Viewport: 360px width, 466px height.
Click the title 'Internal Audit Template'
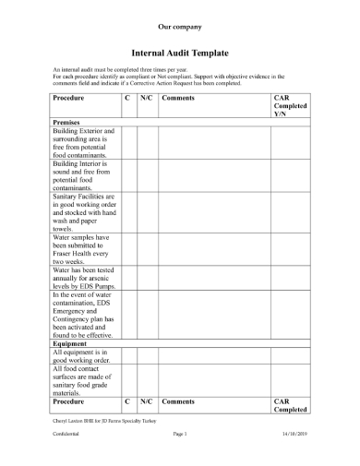(180, 55)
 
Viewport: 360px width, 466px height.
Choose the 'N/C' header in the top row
(146, 97)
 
